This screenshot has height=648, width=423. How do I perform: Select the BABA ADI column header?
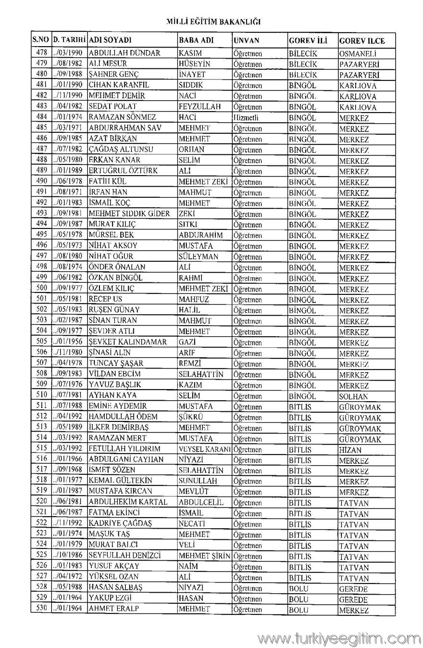pos(196,40)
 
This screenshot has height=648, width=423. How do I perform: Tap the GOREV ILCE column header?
pos(361,41)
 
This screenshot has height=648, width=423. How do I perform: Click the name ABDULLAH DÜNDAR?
pos(124,53)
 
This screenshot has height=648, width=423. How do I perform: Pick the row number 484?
pos(42,117)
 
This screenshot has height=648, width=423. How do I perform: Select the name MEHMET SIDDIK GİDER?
pos(129,213)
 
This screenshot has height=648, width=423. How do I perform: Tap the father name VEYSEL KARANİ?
pos(205,449)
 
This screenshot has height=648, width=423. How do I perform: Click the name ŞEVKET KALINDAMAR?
pos(127,342)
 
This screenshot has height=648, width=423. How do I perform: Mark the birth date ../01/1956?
pos(69,342)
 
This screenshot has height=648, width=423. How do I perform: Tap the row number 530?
pos(42,609)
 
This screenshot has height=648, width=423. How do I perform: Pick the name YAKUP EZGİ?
pos(110,598)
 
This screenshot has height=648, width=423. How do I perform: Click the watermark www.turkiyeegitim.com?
pos(339,638)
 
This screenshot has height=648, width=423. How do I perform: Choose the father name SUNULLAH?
pos(198,481)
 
